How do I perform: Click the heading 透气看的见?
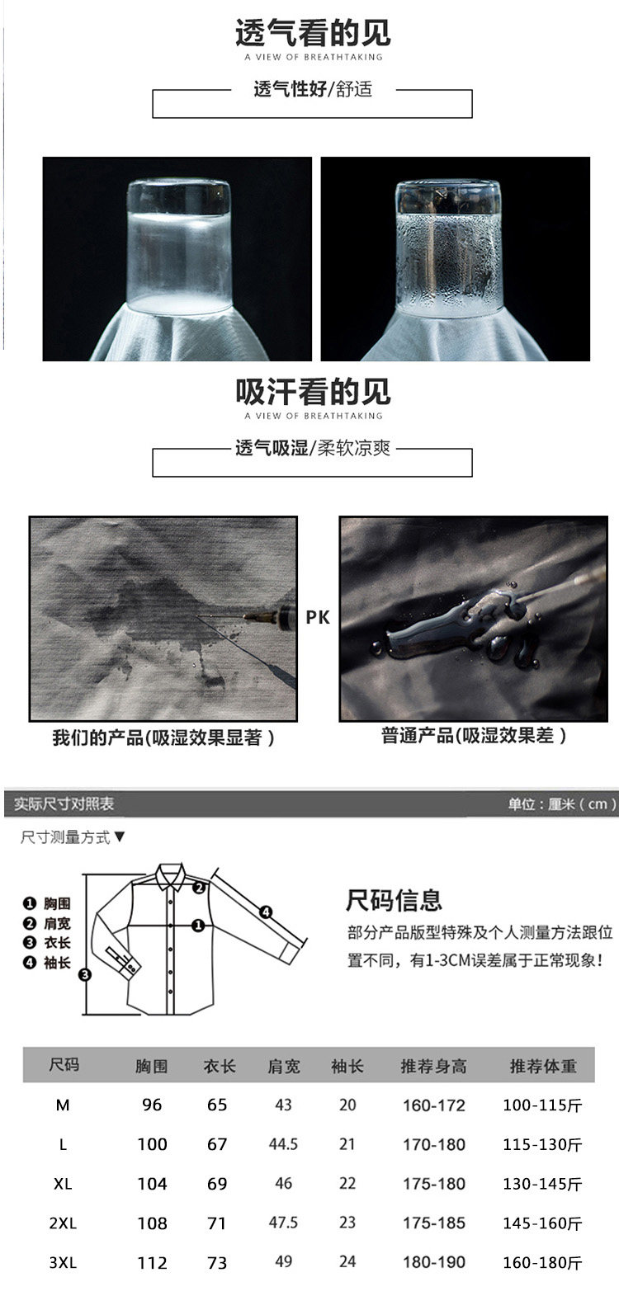click(313, 32)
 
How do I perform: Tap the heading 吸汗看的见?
click(313, 392)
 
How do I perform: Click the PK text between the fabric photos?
click(317, 617)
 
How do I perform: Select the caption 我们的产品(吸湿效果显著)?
click(163, 738)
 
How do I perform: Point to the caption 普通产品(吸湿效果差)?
click(474, 735)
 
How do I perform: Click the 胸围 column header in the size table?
click(151, 1066)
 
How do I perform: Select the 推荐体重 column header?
click(542, 1066)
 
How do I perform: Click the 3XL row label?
click(63, 1262)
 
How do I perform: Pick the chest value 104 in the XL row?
click(152, 1184)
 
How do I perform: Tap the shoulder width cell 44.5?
click(283, 1144)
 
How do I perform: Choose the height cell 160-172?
click(433, 1105)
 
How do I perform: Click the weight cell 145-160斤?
click(542, 1223)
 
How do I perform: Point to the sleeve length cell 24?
click(347, 1261)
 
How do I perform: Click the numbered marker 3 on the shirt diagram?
click(85, 975)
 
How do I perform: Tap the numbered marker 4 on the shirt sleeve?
click(265, 912)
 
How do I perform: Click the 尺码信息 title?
click(394, 900)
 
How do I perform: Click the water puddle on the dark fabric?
click(451, 627)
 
